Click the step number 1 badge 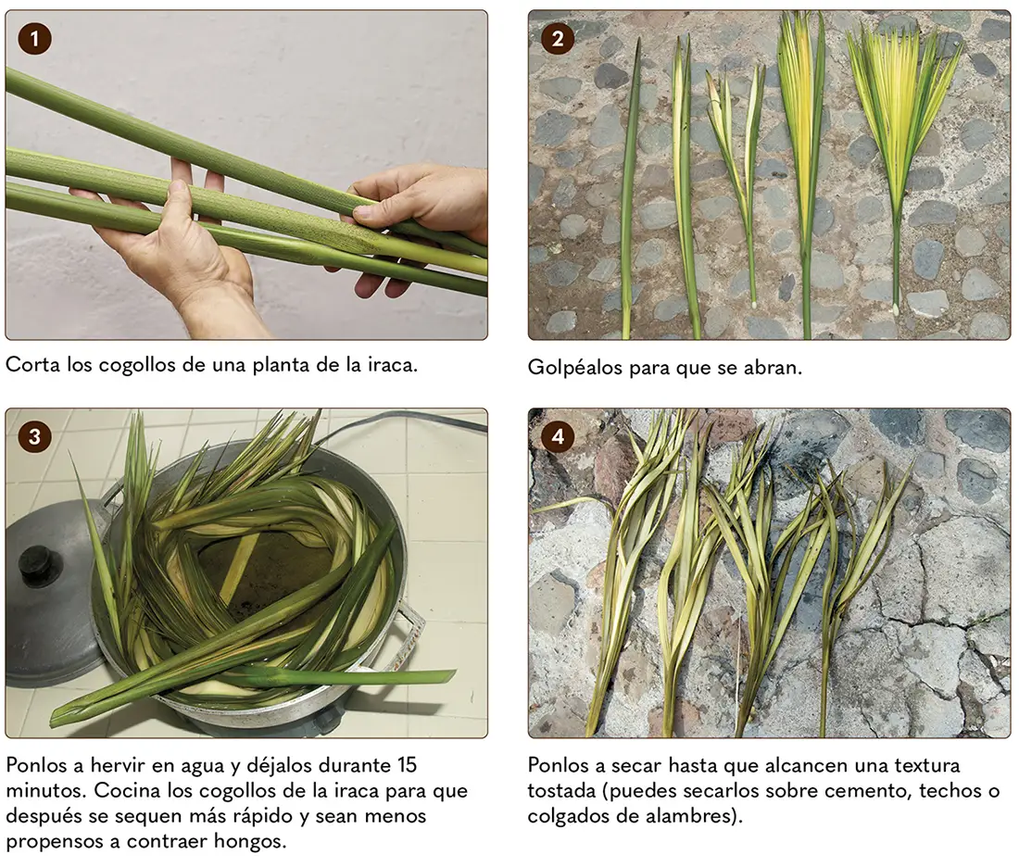point(34,38)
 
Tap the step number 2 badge point(557,38)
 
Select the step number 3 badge point(34,436)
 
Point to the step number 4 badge point(557,436)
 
